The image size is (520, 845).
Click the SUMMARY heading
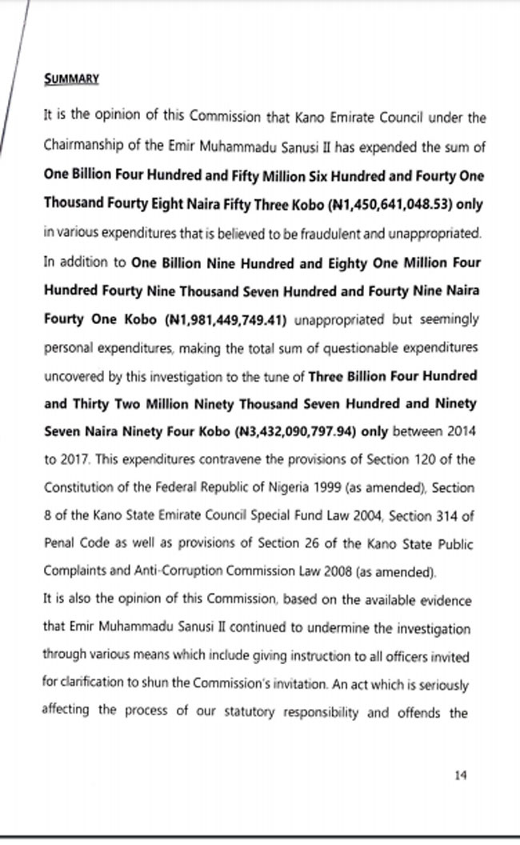(71, 78)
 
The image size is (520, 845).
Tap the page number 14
(460, 775)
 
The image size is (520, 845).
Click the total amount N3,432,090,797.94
(294, 431)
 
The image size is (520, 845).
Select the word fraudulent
(328, 233)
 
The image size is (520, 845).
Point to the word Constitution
(78, 488)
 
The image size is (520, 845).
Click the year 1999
(314, 488)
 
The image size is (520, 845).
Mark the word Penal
(58, 545)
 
